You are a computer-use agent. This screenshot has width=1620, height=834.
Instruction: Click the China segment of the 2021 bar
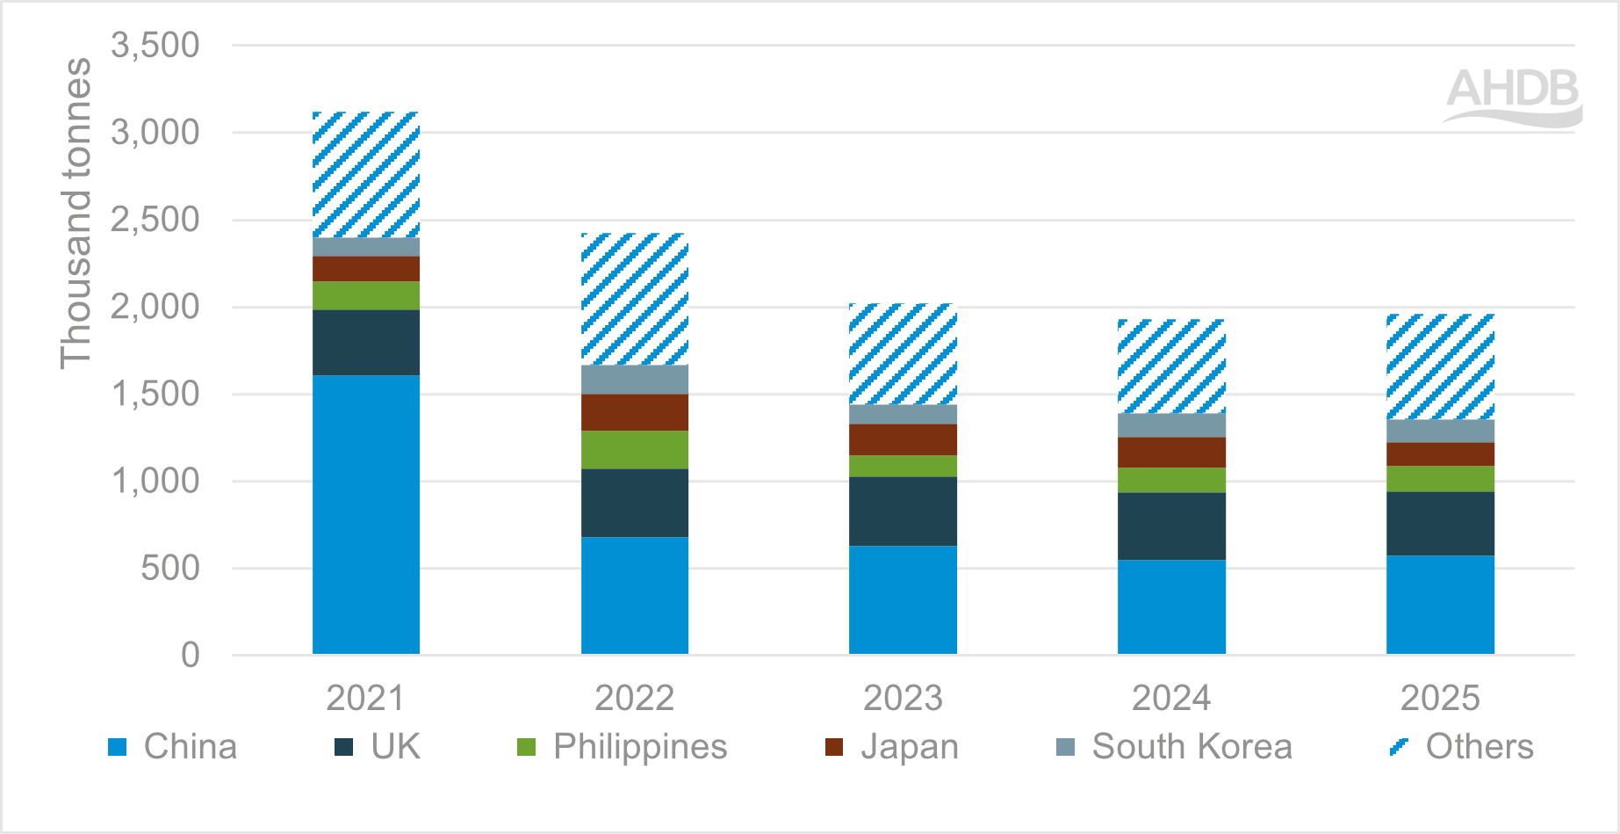click(366, 514)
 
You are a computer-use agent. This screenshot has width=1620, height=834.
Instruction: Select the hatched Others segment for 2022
click(635, 299)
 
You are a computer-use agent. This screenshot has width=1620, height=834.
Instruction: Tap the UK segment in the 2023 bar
click(903, 511)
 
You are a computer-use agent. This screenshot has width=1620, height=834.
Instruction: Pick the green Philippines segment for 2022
click(635, 449)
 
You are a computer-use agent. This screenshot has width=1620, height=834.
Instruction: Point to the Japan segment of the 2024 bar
click(1171, 453)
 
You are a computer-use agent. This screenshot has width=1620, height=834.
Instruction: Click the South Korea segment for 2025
click(1440, 431)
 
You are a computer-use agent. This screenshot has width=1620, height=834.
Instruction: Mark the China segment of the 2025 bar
click(1440, 605)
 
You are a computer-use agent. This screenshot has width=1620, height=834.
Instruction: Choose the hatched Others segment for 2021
click(366, 175)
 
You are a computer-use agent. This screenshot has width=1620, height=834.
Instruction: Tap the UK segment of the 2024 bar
click(1171, 526)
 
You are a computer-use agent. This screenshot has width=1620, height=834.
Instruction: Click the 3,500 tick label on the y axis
click(155, 46)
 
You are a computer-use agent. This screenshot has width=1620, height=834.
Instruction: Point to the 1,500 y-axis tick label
click(155, 395)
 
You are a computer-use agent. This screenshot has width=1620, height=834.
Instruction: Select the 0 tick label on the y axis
click(190, 656)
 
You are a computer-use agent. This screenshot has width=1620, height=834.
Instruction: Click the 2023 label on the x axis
click(903, 699)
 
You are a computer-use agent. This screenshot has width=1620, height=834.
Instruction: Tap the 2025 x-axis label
click(1440, 699)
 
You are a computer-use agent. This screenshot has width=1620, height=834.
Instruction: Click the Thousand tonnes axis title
click(76, 214)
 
